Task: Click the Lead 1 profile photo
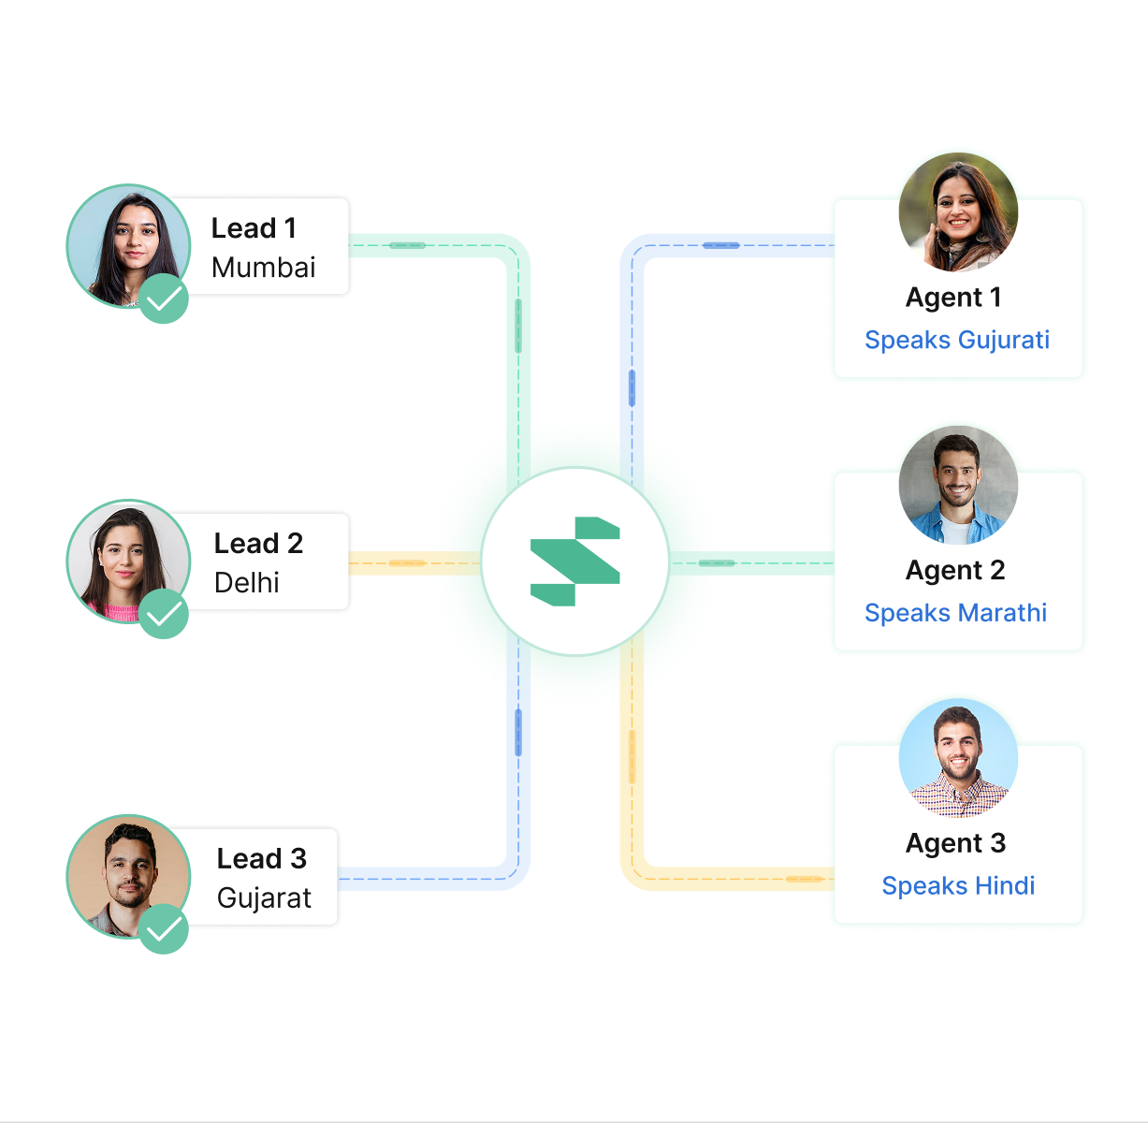pyautogui.click(x=126, y=245)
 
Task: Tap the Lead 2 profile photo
pyautogui.click(x=126, y=561)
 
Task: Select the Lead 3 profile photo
pyautogui.click(x=126, y=876)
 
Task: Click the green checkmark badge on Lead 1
pyautogui.click(x=164, y=299)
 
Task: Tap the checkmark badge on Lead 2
pyautogui.click(x=164, y=615)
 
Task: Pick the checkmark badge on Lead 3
pyautogui.click(x=164, y=929)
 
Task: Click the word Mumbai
pyautogui.click(x=263, y=268)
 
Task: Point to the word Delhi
pyautogui.click(x=246, y=583)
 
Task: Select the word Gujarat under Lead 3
pyautogui.click(x=264, y=898)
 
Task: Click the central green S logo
pyautogui.click(x=574, y=561)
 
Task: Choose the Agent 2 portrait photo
pyautogui.click(x=958, y=485)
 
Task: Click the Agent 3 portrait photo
pyautogui.click(x=958, y=758)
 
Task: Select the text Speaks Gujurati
pyautogui.click(x=957, y=340)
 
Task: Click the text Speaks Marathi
pyautogui.click(x=955, y=613)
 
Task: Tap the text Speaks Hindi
pyautogui.click(x=958, y=886)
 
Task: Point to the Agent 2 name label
pyautogui.click(x=955, y=570)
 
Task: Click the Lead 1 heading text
pyautogui.click(x=254, y=228)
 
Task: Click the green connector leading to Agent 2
pyautogui.click(x=748, y=563)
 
